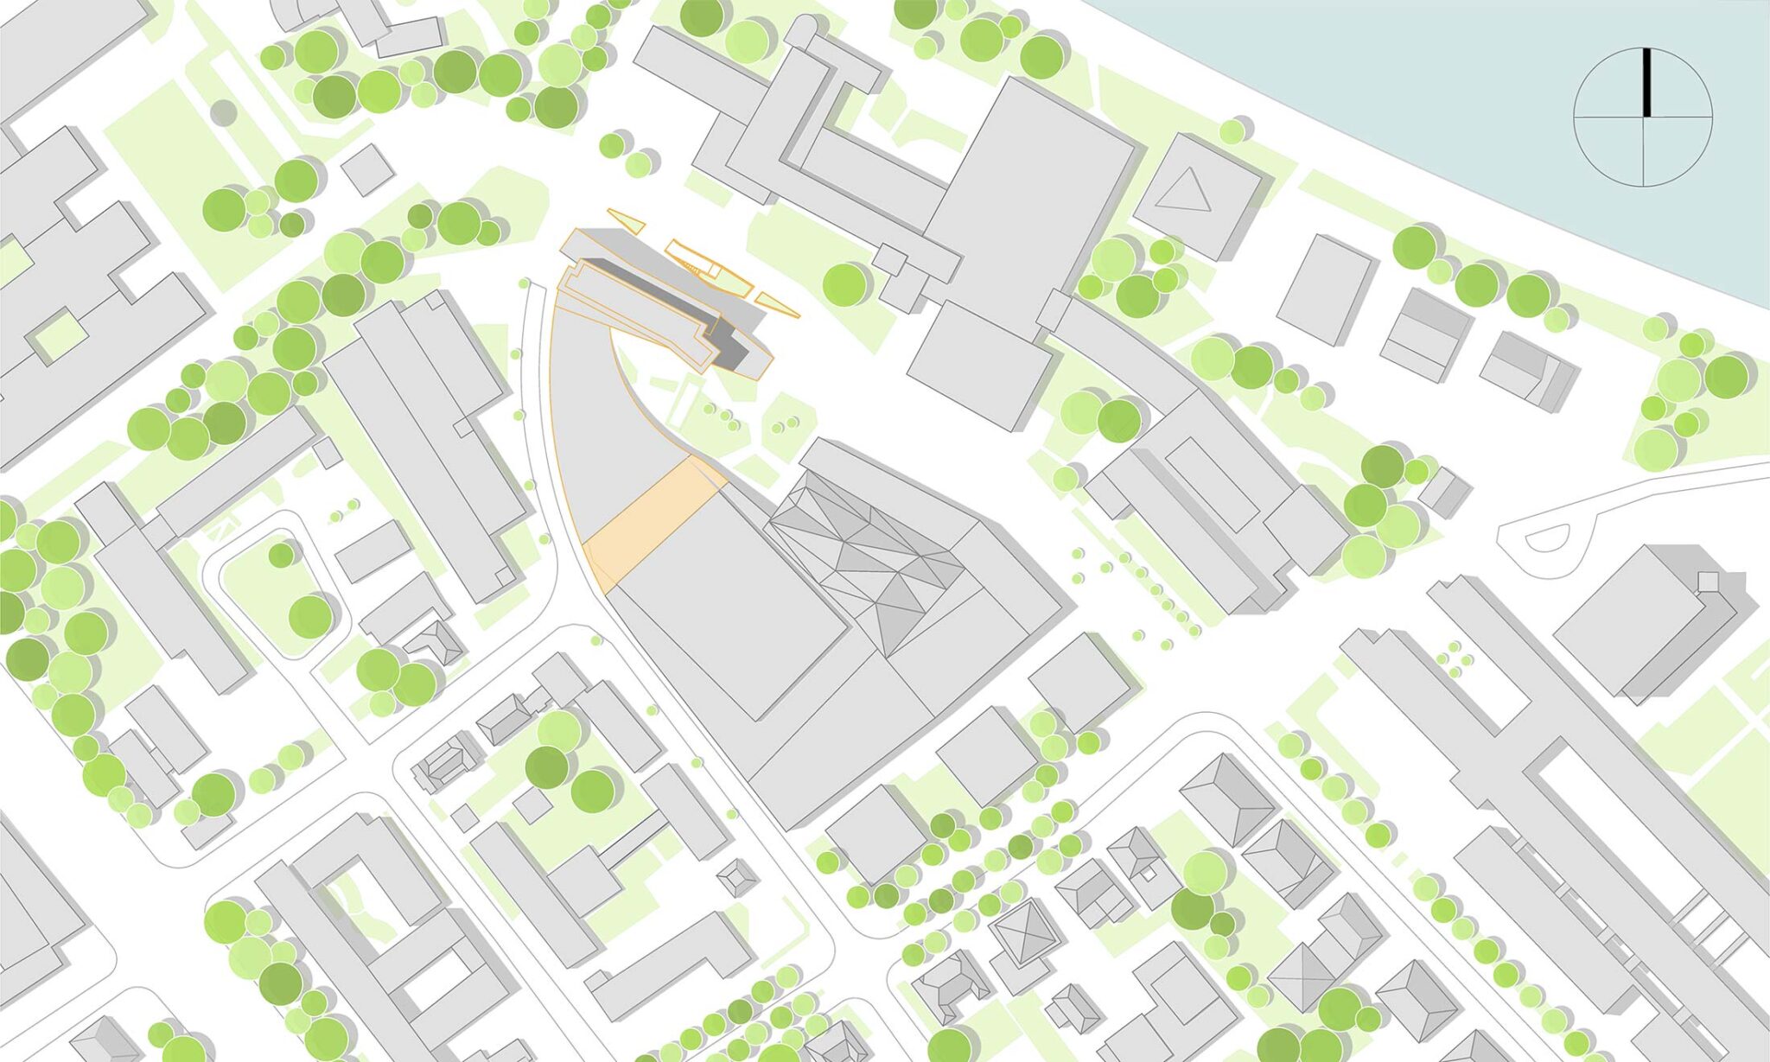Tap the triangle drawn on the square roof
point(1185,191)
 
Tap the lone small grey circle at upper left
point(223,112)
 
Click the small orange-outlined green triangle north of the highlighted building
point(627,220)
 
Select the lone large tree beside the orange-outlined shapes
point(844,284)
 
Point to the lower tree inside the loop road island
point(310,616)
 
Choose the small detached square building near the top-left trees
point(367,169)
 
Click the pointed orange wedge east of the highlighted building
point(777,303)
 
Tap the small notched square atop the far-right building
point(1708,581)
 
